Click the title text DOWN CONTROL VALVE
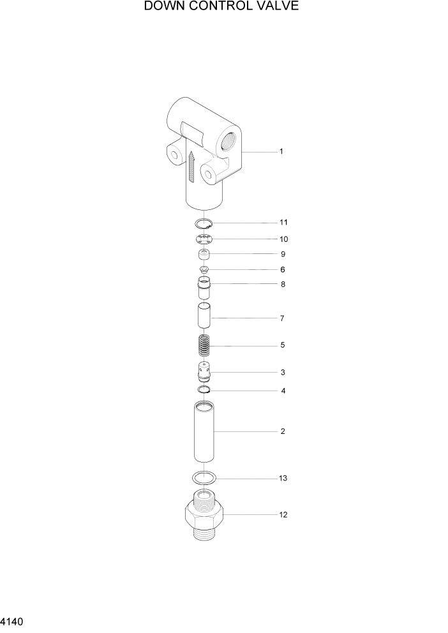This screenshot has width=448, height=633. [x=221, y=7]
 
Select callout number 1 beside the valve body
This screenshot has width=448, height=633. [x=281, y=152]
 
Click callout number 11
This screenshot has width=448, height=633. [x=283, y=223]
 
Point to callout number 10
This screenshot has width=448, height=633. [x=283, y=239]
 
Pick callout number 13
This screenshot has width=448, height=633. [x=283, y=478]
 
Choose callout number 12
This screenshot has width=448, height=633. [x=283, y=515]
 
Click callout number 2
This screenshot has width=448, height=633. [x=282, y=431]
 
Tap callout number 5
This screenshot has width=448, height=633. [x=282, y=345]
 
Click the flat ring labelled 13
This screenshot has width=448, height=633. [x=204, y=477]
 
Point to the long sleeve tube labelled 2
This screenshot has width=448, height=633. [x=204, y=431]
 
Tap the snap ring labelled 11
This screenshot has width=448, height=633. [x=204, y=223]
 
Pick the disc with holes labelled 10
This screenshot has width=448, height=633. [x=204, y=239]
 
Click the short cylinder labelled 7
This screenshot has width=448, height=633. [x=204, y=317]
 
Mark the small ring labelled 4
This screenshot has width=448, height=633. [x=204, y=390]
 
